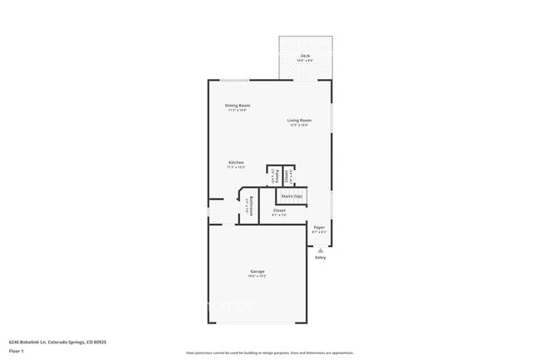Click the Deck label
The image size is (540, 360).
[305, 56]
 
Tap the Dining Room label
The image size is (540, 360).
[237, 105]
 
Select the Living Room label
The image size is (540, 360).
[299, 121]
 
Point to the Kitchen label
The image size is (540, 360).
[237, 162]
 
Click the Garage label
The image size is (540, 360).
[258, 272]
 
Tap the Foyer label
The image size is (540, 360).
[319, 227]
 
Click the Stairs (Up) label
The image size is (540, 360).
[292, 196]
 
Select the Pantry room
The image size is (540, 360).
[273, 175]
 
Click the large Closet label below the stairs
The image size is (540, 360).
[279, 210]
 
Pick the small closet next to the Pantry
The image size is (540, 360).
[288, 175]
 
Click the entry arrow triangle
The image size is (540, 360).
[320, 249]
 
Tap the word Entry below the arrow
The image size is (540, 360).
[320, 258]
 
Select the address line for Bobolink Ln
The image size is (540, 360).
[57, 341]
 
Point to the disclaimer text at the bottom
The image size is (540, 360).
[269, 353]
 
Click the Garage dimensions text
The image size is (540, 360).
[258, 277]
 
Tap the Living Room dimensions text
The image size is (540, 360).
[299, 126]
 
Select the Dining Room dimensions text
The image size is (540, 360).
[237, 110]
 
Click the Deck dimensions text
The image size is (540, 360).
[305, 61]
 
